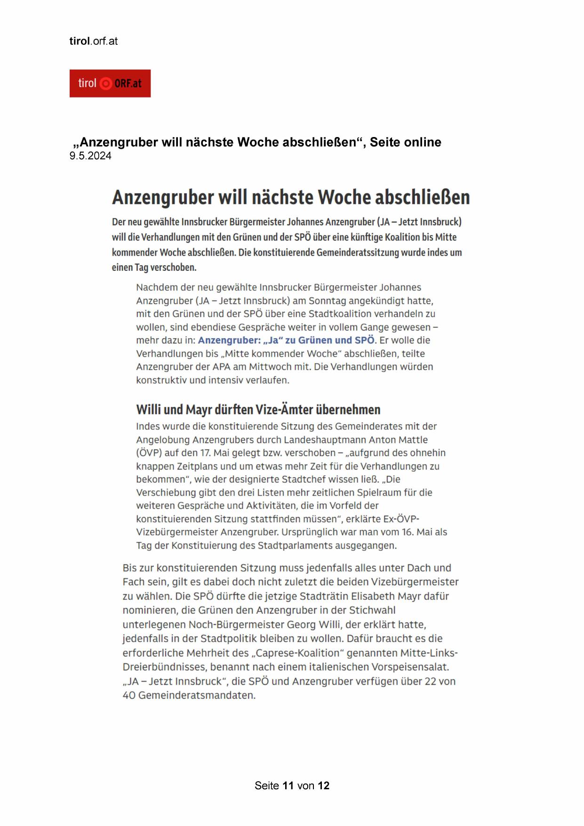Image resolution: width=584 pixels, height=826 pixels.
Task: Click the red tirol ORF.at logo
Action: (x=110, y=83)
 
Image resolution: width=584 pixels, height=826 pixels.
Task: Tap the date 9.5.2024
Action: (x=90, y=156)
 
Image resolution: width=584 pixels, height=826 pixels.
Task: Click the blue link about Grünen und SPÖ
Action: (x=286, y=340)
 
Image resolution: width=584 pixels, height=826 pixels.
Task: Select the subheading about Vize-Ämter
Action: (x=258, y=409)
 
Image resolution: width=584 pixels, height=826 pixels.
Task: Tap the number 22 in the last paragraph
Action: (x=430, y=681)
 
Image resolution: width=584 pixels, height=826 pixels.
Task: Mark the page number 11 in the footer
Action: (x=288, y=786)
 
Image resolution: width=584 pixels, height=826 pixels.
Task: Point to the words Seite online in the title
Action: (x=405, y=142)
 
